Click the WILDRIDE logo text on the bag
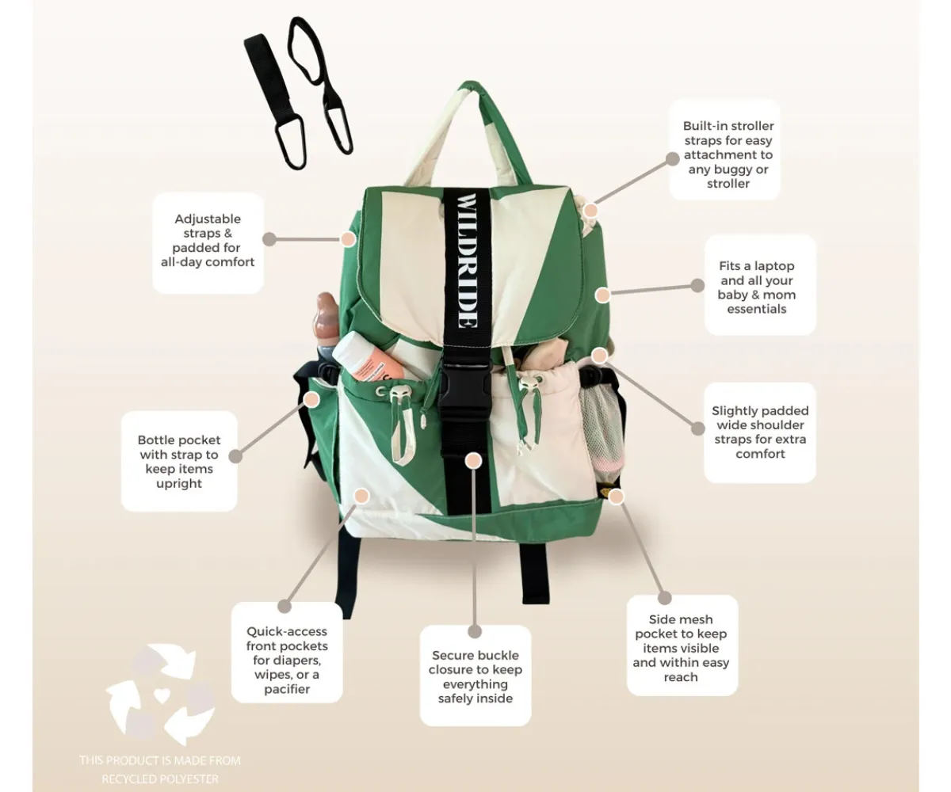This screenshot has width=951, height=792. pyautogui.click(x=467, y=261)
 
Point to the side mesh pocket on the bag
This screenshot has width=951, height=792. pyautogui.click(x=602, y=428)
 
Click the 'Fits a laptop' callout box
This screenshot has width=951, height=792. pyautogui.click(x=760, y=285)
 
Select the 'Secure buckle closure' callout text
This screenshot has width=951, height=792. pyautogui.click(x=475, y=676)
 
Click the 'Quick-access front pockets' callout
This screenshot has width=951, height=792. pyautogui.click(x=287, y=653)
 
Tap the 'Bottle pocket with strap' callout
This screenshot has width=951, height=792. pyautogui.click(x=179, y=461)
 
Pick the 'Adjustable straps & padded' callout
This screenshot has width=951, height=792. pyautogui.click(x=208, y=242)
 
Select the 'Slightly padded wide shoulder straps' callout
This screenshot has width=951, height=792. pyautogui.click(x=760, y=432)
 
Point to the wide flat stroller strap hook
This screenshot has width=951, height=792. pyautogui.click(x=273, y=100)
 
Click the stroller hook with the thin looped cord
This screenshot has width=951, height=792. pyautogui.click(x=322, y=86)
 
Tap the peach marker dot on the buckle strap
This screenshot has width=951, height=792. pyautogui.click(x=474, y=461)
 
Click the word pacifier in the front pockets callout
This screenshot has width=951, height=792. pyautogui.click(x=287, y=689)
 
